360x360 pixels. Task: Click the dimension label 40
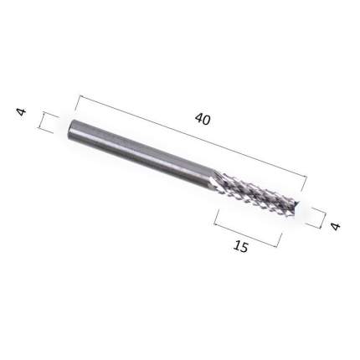(203, 119)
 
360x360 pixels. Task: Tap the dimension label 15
(240, 246)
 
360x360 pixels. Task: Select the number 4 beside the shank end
(22, 112)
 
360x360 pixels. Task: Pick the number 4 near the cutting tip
(336, 226)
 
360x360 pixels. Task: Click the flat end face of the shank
(71, 129)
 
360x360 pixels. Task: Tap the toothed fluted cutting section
(253, 192)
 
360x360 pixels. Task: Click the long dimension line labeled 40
(193, 136)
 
